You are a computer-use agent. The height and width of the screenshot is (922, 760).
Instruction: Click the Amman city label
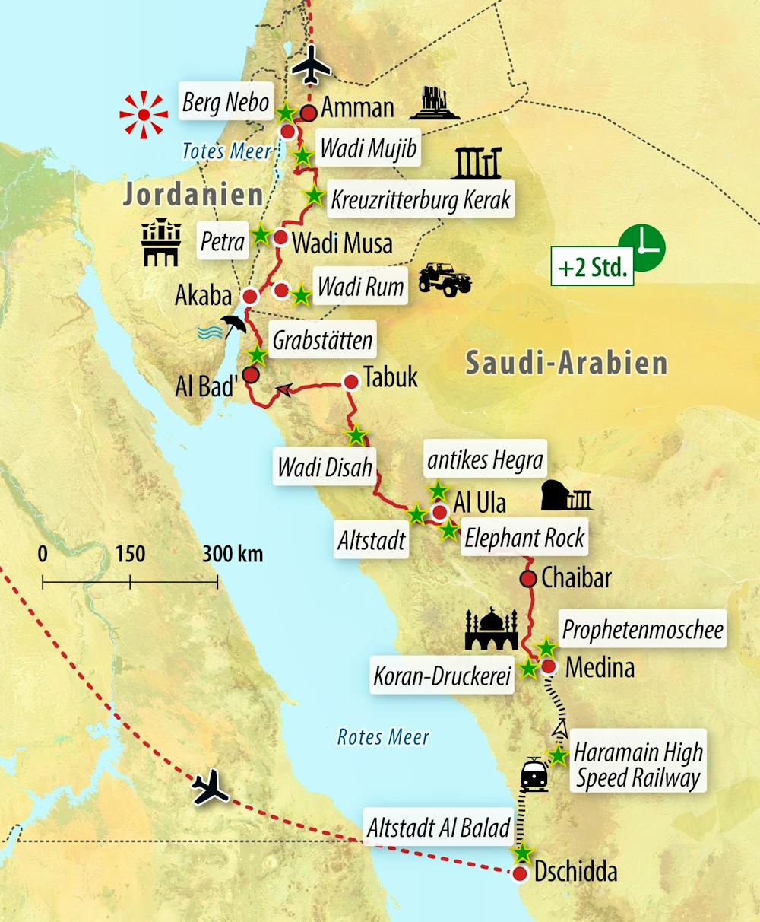click(357, 107)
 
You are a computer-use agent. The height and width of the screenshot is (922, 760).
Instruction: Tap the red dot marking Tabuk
click(351, 381)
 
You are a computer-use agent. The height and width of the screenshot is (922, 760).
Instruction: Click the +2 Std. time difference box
click(592, 269)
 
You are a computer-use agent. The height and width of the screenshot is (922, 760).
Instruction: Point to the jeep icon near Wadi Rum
click(445, 279)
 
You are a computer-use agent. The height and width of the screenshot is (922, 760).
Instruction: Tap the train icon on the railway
click(534, 774)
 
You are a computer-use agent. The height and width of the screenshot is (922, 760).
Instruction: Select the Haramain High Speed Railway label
click(638, 765)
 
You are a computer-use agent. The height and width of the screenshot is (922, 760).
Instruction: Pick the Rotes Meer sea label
click(383, 736)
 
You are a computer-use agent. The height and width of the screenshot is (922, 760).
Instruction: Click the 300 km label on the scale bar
click(233, 554)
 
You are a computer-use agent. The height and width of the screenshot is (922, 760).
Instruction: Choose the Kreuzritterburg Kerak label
click(420, 199)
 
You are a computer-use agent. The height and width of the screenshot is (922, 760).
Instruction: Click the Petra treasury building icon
click(161, 243)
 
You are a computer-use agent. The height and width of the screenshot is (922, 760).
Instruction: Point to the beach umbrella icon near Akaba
click(233, 326)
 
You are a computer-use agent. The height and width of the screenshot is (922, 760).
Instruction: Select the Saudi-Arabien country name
click(566, 363)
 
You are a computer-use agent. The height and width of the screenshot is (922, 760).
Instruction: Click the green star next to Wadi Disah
click(356, 435)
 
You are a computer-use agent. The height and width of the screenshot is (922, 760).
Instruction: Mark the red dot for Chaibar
click(528, 578)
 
